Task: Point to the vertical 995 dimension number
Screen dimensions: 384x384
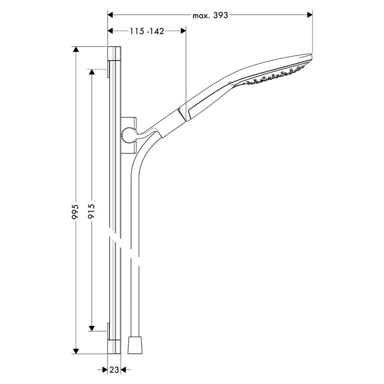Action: (75, 212)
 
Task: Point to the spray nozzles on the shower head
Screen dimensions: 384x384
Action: (273, 76)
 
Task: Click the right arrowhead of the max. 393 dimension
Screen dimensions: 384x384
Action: (310, 15)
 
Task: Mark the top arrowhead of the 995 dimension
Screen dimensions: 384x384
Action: (75, 49)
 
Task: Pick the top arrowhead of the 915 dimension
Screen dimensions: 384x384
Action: (92, 72)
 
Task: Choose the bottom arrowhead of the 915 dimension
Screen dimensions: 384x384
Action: (92, 328)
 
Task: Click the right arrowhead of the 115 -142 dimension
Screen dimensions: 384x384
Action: (183, 31)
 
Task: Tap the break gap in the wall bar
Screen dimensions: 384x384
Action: (115, 239)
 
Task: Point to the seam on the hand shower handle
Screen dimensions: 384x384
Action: (183, 113)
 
